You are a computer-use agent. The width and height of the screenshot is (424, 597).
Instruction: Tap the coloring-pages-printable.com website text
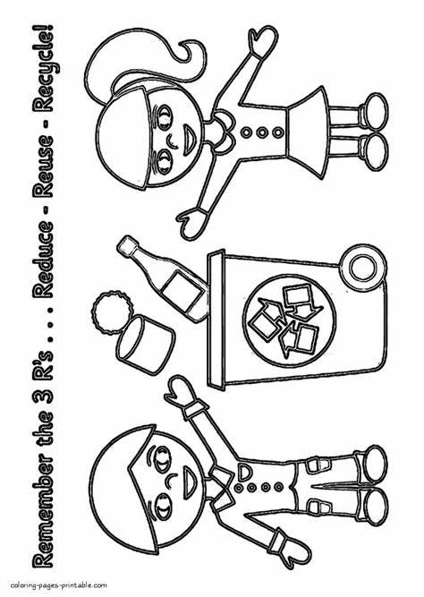(59, 584)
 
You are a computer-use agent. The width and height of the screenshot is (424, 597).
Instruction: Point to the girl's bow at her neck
(224, 132)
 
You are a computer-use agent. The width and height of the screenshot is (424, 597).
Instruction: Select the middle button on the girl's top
(261, 132)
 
